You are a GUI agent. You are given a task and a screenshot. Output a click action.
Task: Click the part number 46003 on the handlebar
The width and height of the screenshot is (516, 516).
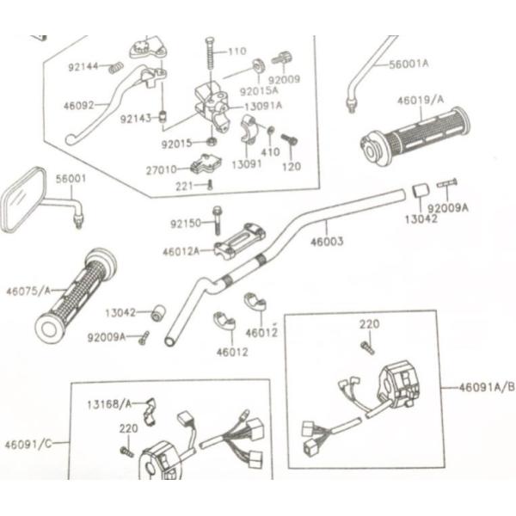327,242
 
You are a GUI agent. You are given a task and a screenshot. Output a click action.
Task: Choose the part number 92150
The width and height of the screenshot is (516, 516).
185,224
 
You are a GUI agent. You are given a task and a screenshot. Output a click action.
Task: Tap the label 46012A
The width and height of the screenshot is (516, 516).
181,251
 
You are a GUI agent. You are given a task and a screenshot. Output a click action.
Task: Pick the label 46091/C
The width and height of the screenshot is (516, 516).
28,444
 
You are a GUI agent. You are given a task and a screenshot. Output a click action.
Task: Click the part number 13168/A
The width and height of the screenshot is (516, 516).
109,403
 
